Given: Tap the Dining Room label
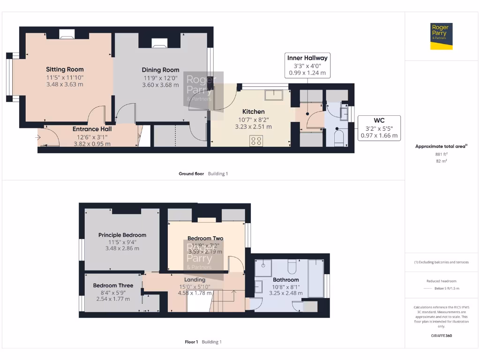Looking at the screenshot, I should pos(160,70).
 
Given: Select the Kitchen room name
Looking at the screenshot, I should pos(253,112).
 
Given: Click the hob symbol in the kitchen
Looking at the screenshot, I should pos(256,141).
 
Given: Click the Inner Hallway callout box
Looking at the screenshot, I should pos(307,65).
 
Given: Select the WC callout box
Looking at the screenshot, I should pos(379,128).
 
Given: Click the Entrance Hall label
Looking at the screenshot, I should pos(92,129).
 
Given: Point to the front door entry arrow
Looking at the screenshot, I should pos(37,137).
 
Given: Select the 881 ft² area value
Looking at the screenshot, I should pos(441,154).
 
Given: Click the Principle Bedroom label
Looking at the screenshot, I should pos(122,235).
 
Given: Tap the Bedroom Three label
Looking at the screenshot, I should pos(113,285).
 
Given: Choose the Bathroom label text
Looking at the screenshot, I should pos(285,280).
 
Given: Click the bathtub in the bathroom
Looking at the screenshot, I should pos(315,279).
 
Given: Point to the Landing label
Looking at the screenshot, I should pos(195,280).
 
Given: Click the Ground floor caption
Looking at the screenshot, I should pos(191,173).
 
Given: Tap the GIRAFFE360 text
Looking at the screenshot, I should pos(441,336).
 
